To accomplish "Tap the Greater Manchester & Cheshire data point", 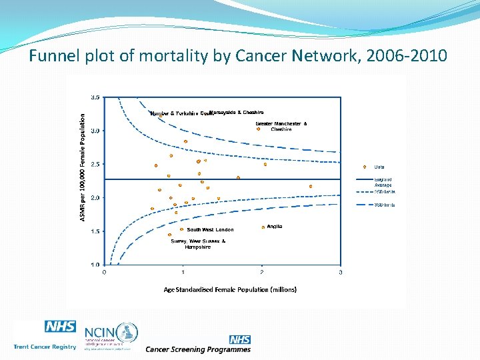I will click(258, 129).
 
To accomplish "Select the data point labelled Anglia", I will click(263, 227).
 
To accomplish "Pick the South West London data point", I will click(182, 229).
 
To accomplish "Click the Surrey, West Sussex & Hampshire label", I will click(198, 244).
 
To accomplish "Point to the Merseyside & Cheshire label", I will click(237, 112).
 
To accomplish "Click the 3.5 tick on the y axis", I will click(95, 97).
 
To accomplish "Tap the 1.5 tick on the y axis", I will click(95, 231).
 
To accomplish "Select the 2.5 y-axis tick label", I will click(95, 164).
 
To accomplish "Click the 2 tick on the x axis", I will click(261, 272).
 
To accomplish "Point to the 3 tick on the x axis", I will click(341, 272).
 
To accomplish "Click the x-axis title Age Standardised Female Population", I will click(230, 289).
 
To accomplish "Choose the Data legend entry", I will click(378, 167).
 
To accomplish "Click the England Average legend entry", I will click(382, 182).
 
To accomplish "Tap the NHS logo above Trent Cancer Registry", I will click(60, 327).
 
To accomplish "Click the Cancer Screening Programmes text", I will click(198, 349).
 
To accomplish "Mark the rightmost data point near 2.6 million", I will click(311, 186).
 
